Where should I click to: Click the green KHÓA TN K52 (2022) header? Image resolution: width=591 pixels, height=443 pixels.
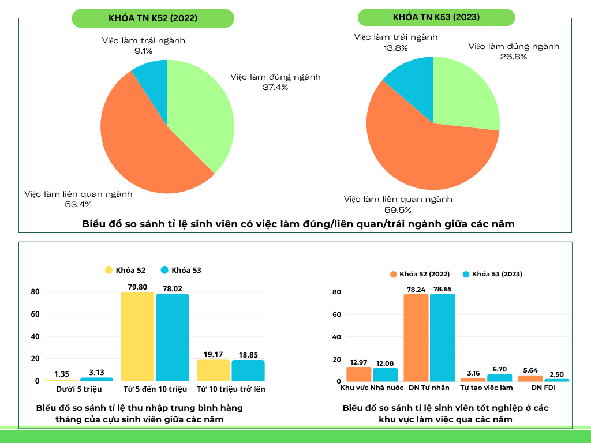[x=153, y=18]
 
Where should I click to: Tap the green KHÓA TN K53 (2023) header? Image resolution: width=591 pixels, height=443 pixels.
[x=436, y=17]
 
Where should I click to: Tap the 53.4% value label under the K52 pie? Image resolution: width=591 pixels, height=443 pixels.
[x=78, y=204]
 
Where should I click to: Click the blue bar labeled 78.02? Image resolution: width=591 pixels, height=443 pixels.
[x=172, y=337]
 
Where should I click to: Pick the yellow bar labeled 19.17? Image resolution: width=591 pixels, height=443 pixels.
[x=213, y=370]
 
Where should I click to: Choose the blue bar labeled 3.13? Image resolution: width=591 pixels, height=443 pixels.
[x=96, y=379]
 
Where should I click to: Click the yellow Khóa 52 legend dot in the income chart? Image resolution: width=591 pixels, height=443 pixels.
[x=109, y=270]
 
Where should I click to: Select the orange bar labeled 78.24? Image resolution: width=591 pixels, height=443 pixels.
[x=416, y=337]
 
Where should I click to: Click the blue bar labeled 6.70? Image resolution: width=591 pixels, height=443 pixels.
[x=499, y=378]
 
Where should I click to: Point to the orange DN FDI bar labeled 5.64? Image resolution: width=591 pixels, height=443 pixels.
[x=530, y=378]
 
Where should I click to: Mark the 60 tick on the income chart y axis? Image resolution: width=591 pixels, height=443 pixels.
[x=35, y=314]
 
